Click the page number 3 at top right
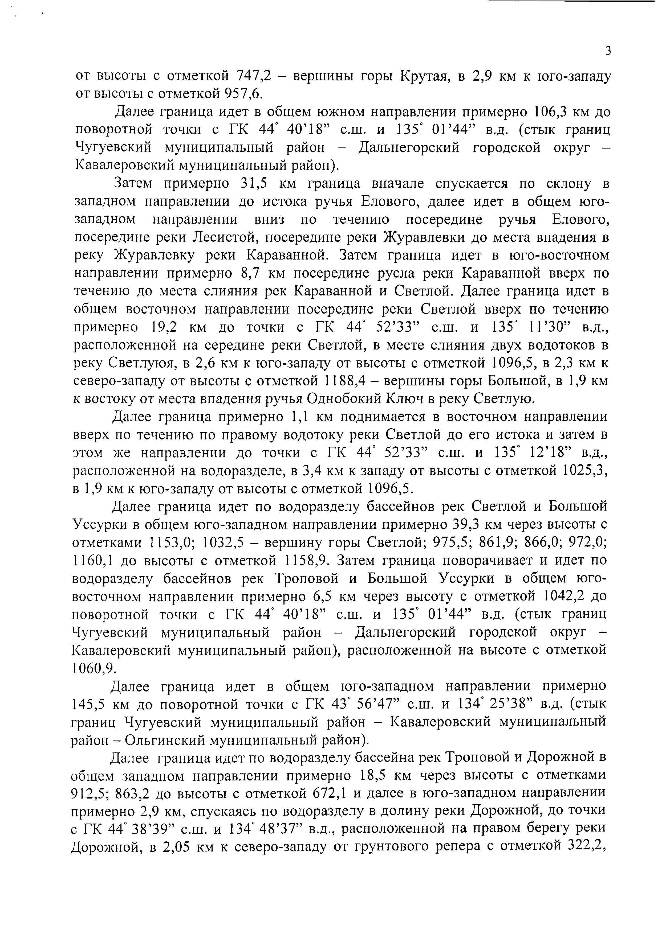tap(608, 51)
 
